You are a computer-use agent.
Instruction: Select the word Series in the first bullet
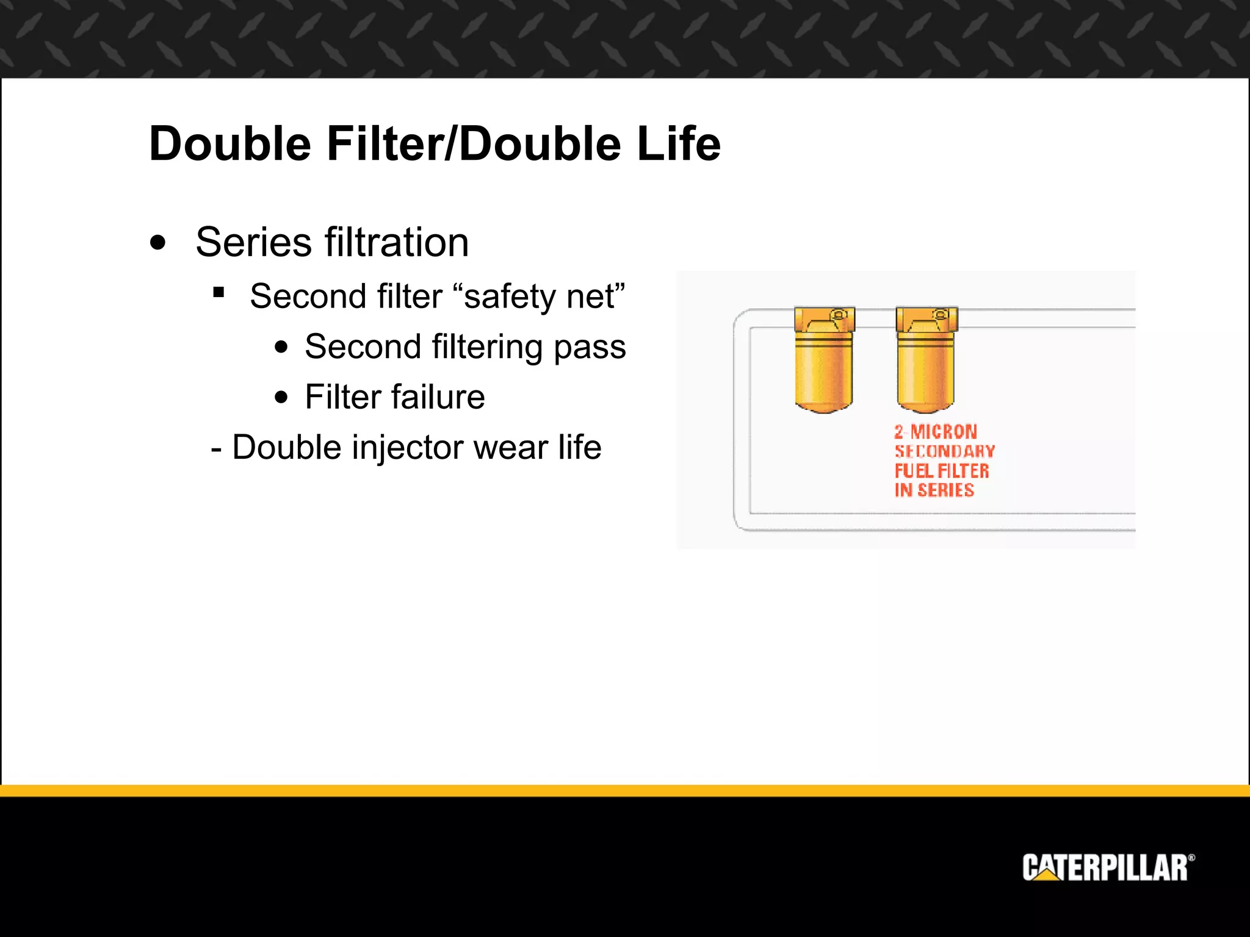pyautogui.click(x=253, y=242)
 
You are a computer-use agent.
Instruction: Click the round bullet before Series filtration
pyautogui.click(x=157, y=242)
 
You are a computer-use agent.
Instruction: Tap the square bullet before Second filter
pyautogui.click(x=219, y=293)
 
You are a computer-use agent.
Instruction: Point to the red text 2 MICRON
pyautogui.click(x=936, y=432)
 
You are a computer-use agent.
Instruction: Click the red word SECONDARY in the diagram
pyautogui.click(x=945, y=451)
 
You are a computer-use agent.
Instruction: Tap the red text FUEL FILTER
pyautogui.click(x=942, y=471)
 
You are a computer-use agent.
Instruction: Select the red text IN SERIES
pyautogui.click(x=934, y=490)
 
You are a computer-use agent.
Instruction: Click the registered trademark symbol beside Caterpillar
pyautogui.click(x=1191, y=858)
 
